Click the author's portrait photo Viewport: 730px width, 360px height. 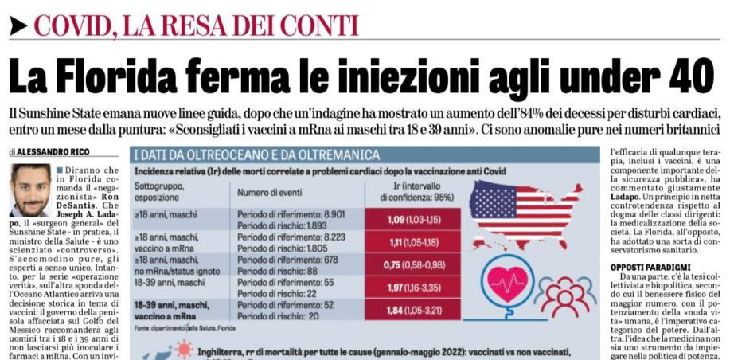[x=31, y=190]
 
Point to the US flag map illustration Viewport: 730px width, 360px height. [x=527, y=211]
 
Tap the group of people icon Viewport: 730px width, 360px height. [x=564, y=294]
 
